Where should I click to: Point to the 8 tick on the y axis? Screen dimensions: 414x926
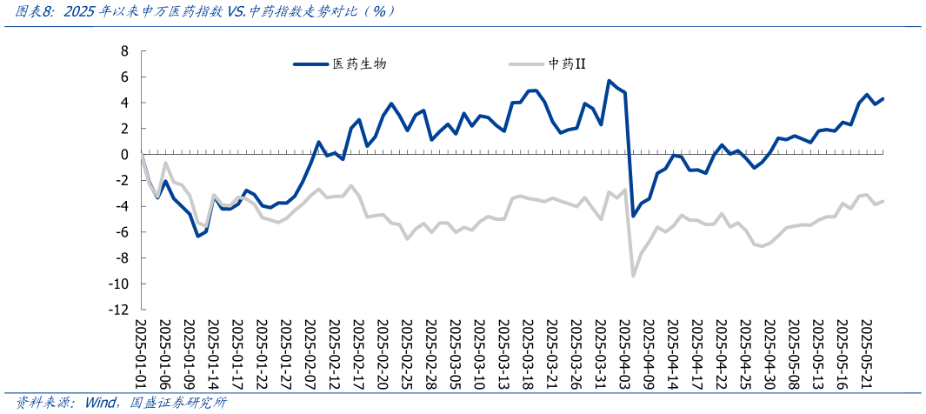click(124, 51)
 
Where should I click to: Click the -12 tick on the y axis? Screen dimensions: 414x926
click(118, 310)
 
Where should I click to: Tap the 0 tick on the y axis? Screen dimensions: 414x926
click(124, 155)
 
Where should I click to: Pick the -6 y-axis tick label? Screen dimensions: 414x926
click(122, 232)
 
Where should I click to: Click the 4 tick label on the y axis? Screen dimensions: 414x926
click(124, 103)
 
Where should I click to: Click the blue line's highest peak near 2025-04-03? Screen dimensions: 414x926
click(609, 81)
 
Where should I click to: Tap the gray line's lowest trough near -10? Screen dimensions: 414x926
click(633, 276)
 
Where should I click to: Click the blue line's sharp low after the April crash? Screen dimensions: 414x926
click(633, 216)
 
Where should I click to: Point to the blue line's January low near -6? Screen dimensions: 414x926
click(198, 236)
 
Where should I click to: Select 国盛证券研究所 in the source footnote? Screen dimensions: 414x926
click(178, 404)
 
